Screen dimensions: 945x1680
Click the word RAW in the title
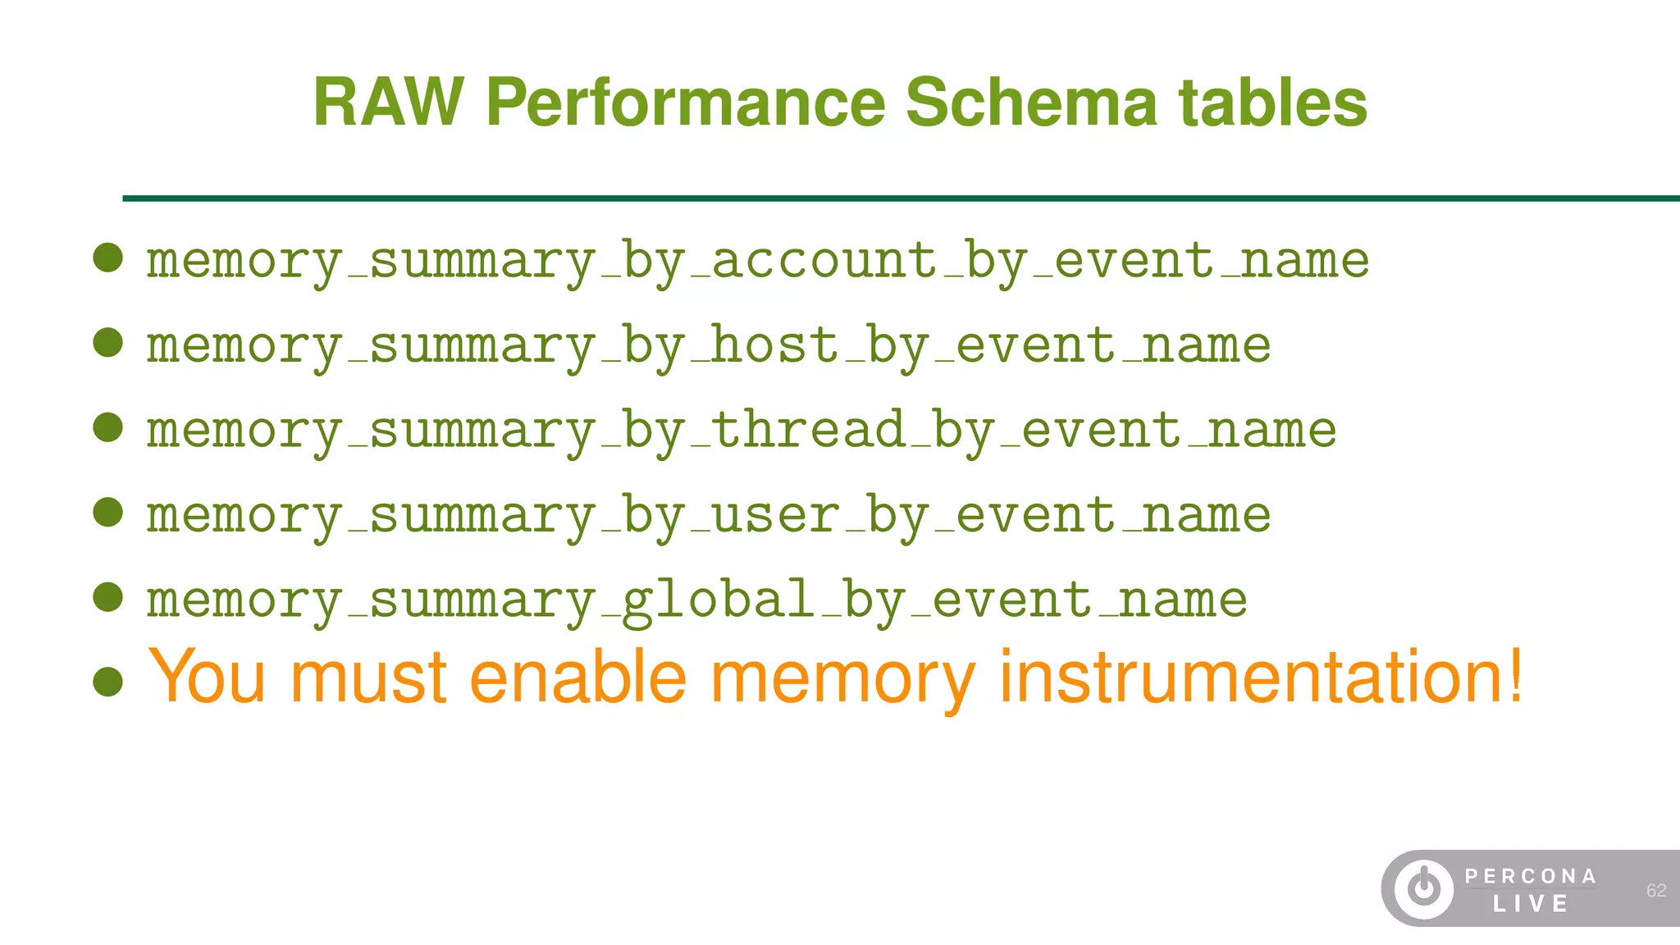click(388, 103)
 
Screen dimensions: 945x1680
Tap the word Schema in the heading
click(1030, 103)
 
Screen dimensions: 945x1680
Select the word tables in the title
click(1272, 103)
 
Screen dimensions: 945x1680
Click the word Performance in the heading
click(685, 103)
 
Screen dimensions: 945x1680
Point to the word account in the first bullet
click(824, 261)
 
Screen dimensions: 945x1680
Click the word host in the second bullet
click(774, 345)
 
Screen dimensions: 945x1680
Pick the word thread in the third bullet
click(808, 430)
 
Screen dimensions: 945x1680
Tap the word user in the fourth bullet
click(775, 515)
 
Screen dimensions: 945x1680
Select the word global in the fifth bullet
click(718, 600)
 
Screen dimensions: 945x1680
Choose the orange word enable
click(577, 678)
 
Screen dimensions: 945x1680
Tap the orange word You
click(207, 678)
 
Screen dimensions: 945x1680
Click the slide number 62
click(1656, 891)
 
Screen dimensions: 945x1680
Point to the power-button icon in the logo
click(1424, 888)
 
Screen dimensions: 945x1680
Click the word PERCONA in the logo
click(1531, 876)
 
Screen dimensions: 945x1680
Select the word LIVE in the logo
click(1531, 904)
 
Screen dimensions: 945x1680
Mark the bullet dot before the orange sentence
click(108, 682)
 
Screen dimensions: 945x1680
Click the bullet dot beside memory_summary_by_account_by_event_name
click(108, 258)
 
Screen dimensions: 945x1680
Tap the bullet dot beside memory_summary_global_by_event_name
click(108, 597)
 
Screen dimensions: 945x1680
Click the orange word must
click(368, 678)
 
